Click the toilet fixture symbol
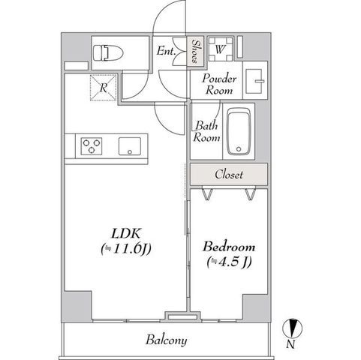(x=108, y=52)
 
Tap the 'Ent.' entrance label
(x=166, y=51)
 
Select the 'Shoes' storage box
(x=195, y=52)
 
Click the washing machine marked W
(x=221, y=49)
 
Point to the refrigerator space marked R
(x=104, y=87)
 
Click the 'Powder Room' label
(x=219, y=84)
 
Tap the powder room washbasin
(x=255, y=81)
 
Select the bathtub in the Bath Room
(x=239, y=131)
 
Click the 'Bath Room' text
(x=206, y=131)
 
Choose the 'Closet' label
(x=229, y=174)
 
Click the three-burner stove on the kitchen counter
(x=92, y=146)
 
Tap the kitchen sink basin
(x=130, y=146)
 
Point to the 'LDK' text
(x=126, y=233)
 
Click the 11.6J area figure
(x=126, y=249)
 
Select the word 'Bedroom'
(x=229, y=247)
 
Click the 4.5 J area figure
(x=229, y=262)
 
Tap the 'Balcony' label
(x=167, y=340)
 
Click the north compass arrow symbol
(x=292, y=328)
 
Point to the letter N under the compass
(x=290, y=345)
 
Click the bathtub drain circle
(x=239, y=149)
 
